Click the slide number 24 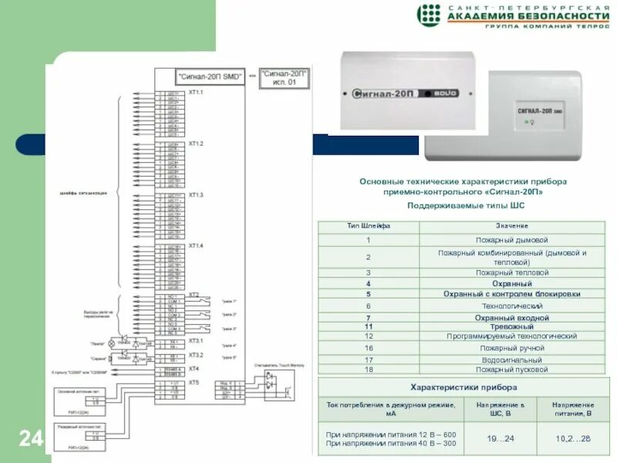tap(31, 439)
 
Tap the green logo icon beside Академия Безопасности tap(429, 15)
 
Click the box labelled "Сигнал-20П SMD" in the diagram tap(210, 77)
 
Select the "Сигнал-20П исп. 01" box tap(284, 78)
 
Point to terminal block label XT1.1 tap(196, 93)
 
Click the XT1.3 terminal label tap(196, 195)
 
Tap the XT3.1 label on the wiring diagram tap(196, 340)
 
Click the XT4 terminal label tap(194, 369)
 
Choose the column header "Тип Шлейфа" tap(369, 226)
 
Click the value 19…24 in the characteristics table tap(500, 438)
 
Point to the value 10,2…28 tap(573, 438)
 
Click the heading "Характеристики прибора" tap(462, 387)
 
